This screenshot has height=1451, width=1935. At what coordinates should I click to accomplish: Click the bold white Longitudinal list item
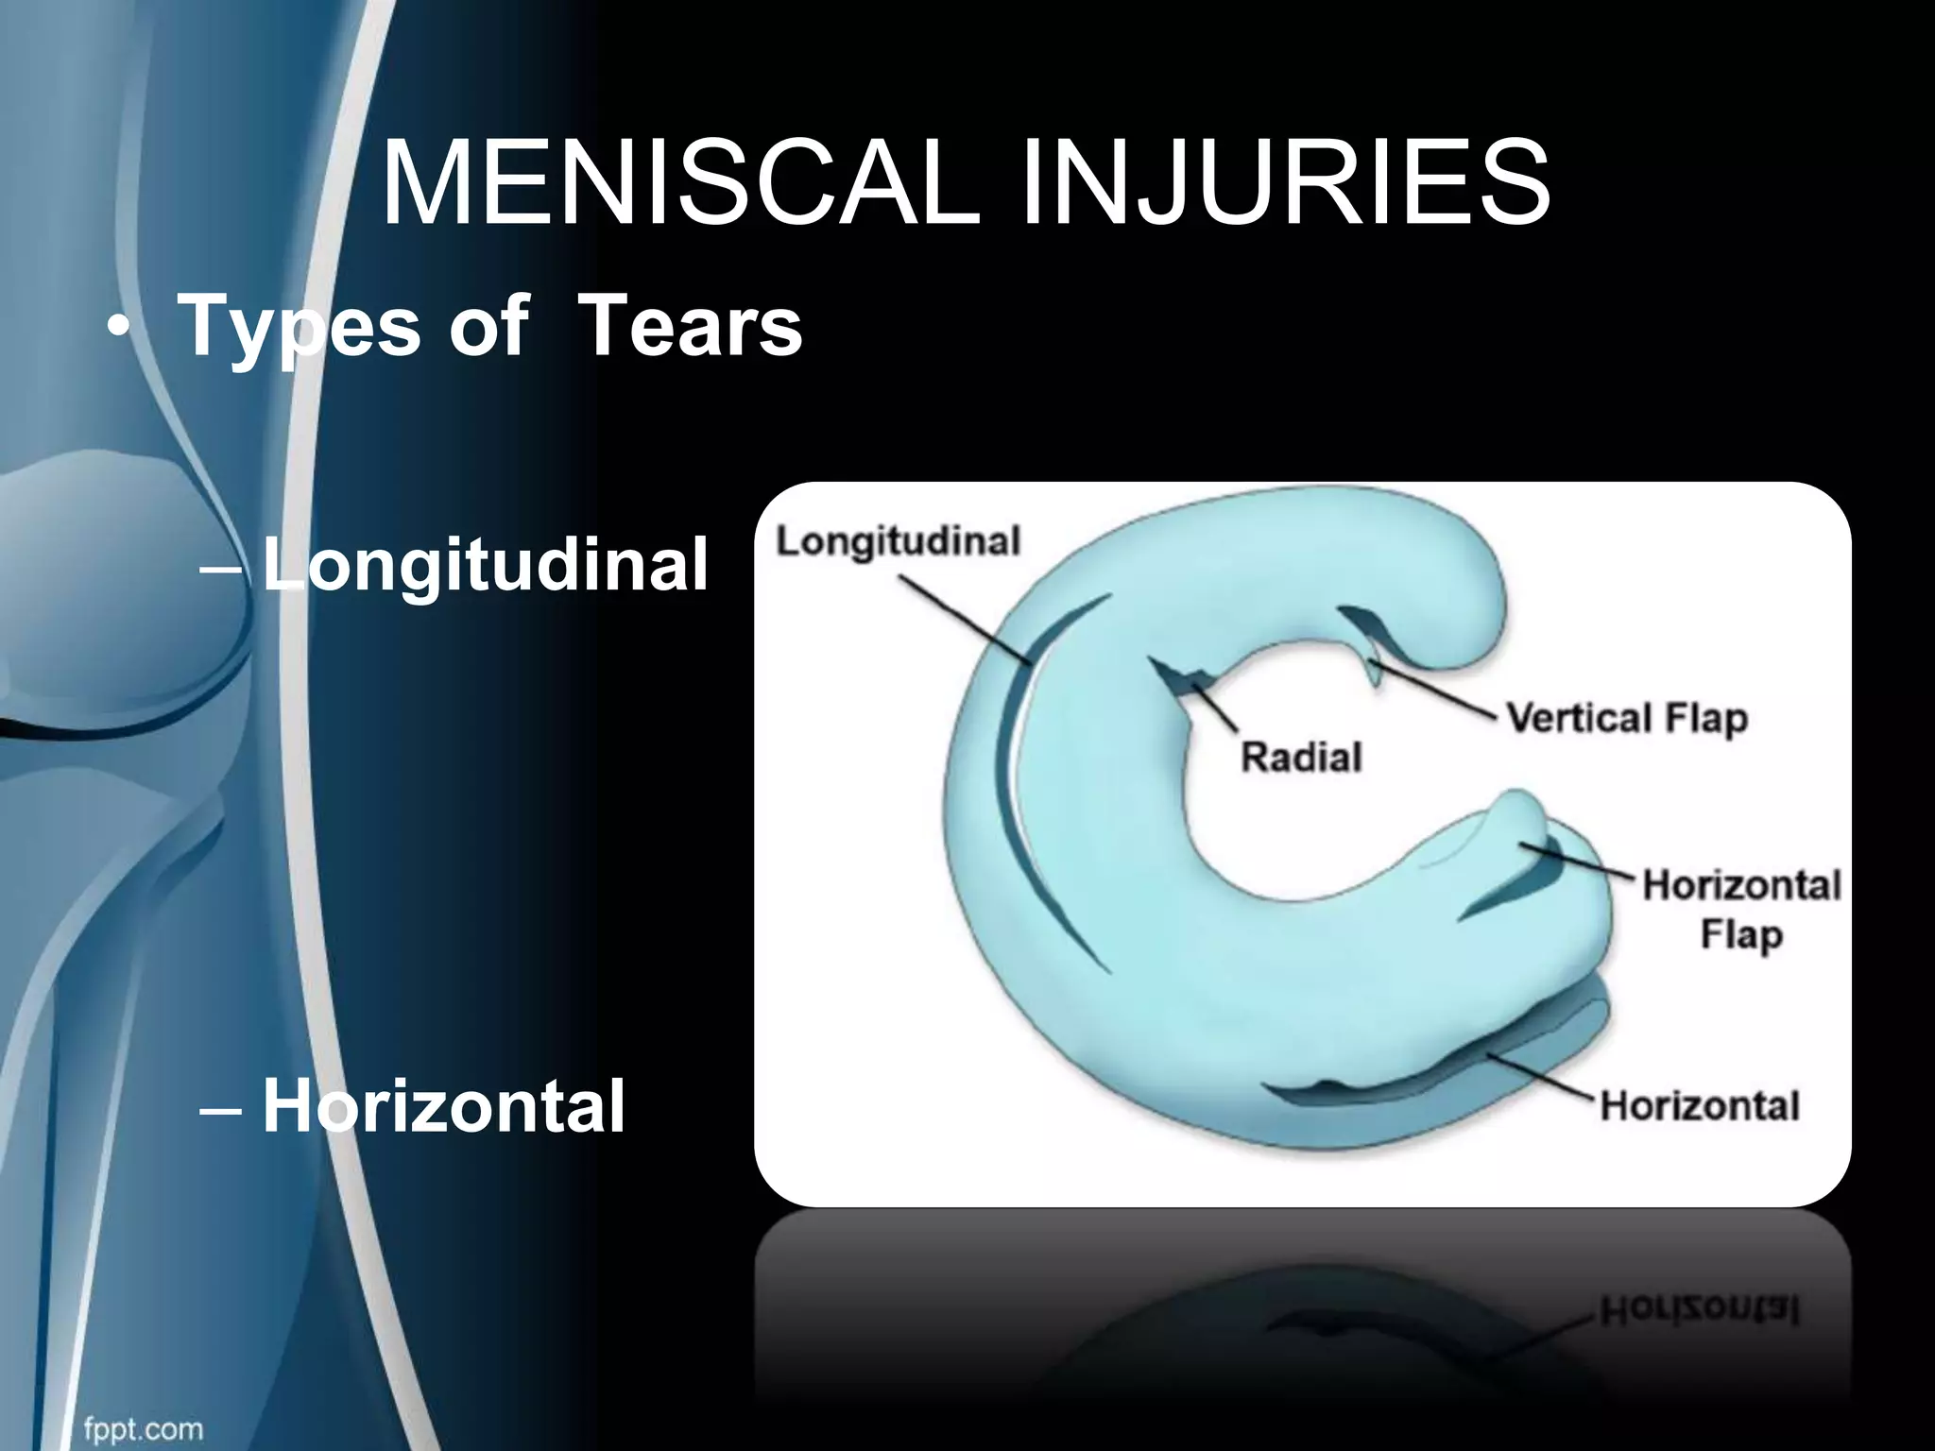coord(485,565)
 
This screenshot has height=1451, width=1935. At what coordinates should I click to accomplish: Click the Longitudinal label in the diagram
coord(898,541)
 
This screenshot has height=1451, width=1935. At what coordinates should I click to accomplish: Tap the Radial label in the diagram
coord(1301,757)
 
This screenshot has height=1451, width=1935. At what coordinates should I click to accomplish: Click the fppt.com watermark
coord(143,1428)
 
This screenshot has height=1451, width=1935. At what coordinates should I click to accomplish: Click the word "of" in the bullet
coord(488,326)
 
